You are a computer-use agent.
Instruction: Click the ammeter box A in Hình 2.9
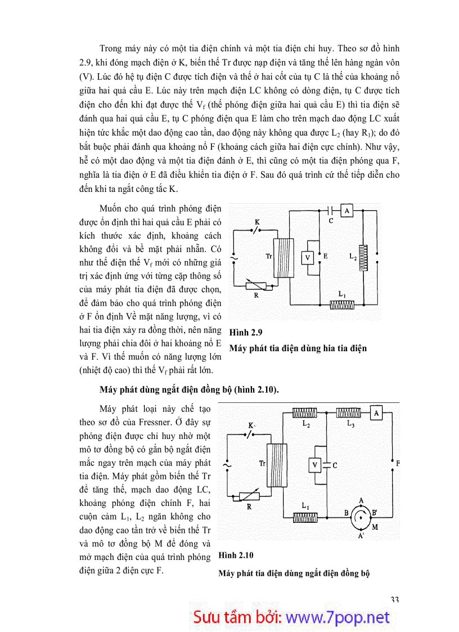[x=347, y=210]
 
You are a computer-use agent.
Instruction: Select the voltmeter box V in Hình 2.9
[x=307, y=257]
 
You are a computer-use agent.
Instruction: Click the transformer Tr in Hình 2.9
[x=283, y=257]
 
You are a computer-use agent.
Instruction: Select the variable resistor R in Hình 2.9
[x=259, y=285]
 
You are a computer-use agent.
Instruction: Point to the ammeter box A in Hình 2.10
[x=376, y=413]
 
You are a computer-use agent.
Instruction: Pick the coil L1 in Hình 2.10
[x=305, y=516]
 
